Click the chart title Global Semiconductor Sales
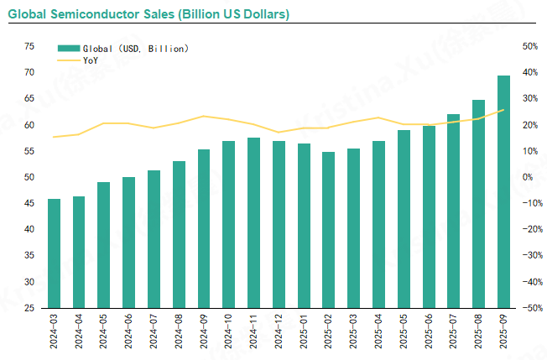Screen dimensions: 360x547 [148, 14]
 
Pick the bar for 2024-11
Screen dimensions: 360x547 [253, 222]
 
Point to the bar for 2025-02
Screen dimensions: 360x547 [328, 230]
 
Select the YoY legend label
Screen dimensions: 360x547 [91, 60]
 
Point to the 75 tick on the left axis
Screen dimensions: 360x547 [29, 46]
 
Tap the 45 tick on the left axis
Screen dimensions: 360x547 [29, 203]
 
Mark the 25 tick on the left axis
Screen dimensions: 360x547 [29, 308]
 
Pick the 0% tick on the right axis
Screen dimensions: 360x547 [528, 177]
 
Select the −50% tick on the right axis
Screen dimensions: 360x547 [529, 308]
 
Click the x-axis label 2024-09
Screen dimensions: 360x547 [204, 332]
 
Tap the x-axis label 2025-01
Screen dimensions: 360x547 [304, 332]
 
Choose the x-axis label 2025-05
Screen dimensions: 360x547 [404, 332]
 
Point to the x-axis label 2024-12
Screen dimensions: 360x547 [279, 332]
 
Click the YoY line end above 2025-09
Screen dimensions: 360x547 [503, 110]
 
